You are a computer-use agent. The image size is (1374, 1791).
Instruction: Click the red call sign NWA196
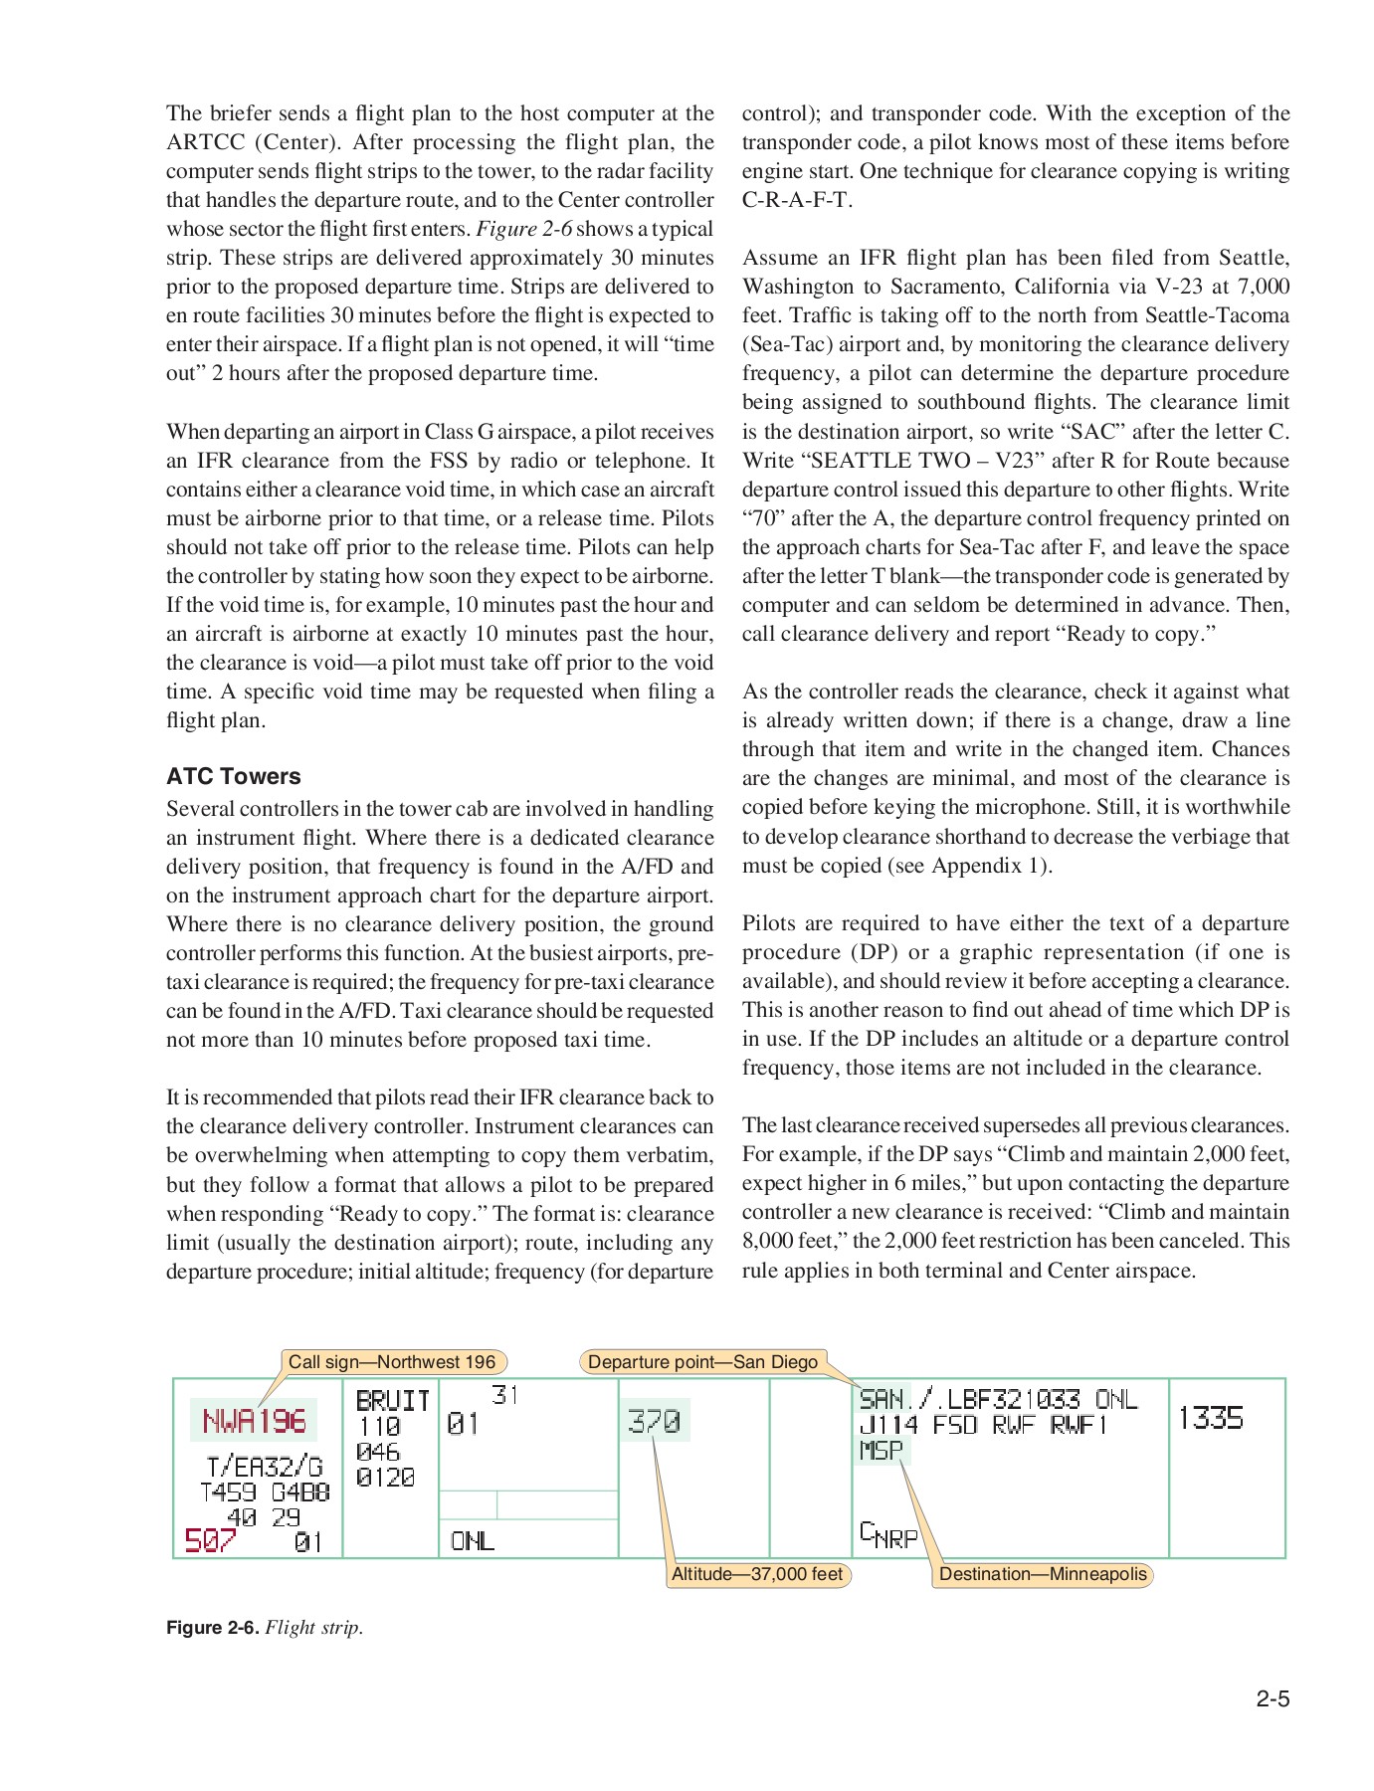254,1420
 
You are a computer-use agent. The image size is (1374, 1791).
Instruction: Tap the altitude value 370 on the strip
654,1421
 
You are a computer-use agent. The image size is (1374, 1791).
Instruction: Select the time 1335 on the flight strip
1210,1418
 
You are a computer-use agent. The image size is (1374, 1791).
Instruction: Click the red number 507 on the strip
210,1540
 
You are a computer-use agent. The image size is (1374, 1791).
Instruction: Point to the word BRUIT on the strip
392,1401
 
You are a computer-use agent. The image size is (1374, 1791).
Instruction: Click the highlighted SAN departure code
882,1399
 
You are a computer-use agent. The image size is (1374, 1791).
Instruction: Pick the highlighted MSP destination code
882,1451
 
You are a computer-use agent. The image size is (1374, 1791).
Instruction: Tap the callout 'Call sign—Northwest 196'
392,1362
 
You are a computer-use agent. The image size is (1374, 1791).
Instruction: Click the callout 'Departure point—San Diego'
702,1362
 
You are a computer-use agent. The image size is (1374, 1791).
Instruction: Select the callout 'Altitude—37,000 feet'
757,1574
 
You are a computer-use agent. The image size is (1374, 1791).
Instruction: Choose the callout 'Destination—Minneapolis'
1043,1574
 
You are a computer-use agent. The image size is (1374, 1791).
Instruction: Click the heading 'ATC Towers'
233,776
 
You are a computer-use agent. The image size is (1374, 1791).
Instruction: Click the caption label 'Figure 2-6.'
212,1628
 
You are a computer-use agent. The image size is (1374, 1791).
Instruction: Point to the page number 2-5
1272,1699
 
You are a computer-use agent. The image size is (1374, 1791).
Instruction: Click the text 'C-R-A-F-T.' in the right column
797,200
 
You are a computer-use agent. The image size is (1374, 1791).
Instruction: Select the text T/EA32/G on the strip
265,1467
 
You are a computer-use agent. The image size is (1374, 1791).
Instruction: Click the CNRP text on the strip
888,1535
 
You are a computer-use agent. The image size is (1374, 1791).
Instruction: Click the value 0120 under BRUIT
385,1478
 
